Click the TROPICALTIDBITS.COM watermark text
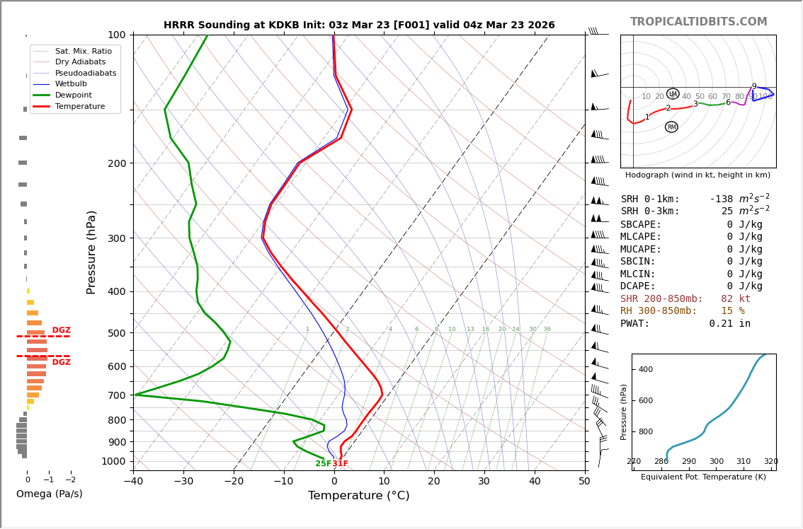[x=698, y=22]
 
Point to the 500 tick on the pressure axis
[x=117, y=333]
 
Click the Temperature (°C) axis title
[x=358, y=496]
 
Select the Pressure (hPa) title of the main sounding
[x=91, y=252]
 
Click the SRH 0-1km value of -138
[x=724, y=199]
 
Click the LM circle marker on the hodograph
[x=673, y=94]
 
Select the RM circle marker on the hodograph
[x=671, y=127]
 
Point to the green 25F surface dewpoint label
[x=323, y=464]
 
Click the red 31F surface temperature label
[x=341, y=464]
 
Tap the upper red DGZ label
[x=61, y=330]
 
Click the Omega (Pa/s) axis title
[x=49, y=494]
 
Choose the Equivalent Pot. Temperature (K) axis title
[x=703, y=477]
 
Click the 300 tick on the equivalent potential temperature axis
[x=716, y=462]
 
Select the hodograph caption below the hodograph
[x=697, y=175]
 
